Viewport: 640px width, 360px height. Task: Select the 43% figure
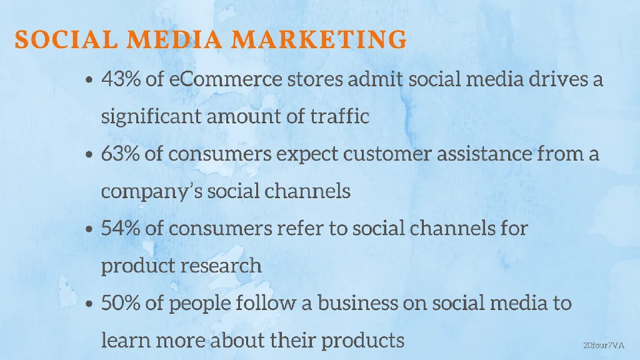click(x=121, y=80)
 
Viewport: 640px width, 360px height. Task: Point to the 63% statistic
click(x=121, y=154)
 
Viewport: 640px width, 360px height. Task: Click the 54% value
click(x=121, y=228)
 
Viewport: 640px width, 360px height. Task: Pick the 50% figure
click(x=121, y=304)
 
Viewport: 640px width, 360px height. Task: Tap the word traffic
click(x=341, y=116)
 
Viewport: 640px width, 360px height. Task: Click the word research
click(x=221, y=266)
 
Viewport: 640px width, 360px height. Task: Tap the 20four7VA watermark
click(x=604, y=344)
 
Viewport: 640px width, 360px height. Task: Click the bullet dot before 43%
click(x=89, y=81)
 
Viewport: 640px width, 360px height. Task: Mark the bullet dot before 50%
click(x=89, y=305)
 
